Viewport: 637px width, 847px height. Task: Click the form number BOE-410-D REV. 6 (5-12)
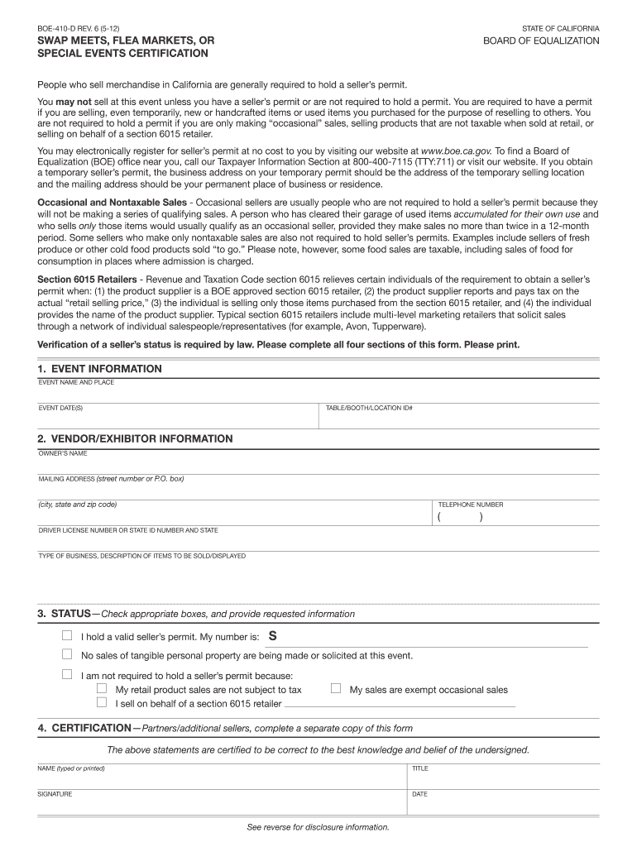[x=73, y=28]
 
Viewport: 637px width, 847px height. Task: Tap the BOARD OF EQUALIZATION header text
[x=542, y=41]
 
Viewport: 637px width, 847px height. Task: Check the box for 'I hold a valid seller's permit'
[x=68, y=636]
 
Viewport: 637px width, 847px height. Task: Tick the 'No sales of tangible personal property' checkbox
[x=68, y=654]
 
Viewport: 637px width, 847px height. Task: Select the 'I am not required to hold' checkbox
[x=68, y=674]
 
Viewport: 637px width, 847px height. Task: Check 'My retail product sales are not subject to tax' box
[x=102, y=688]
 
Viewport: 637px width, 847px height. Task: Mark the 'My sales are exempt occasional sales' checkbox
[x=336, y=688]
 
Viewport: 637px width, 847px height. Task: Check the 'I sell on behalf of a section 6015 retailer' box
[x=102, y=702]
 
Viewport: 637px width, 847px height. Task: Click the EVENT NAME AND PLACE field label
[x=76, y=382]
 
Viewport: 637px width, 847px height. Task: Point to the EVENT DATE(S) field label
[x=60, y=408]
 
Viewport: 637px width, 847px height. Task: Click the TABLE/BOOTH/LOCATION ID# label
[x=369, y=408]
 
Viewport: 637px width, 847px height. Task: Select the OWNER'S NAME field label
[x=62, y=453]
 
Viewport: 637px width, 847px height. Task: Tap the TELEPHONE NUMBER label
[x=470, y=505]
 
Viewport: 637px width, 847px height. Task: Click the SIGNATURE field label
[x=55, y=794]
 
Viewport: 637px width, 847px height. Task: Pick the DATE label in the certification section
[x=419, y=794]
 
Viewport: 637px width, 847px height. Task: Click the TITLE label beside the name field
[x=420, y=768]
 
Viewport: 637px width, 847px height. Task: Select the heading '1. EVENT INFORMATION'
[x=99, y=369]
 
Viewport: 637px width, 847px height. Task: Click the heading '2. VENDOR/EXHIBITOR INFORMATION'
[x=135, y=438]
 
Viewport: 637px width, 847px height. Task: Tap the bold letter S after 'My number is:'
[x=273, y=636]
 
